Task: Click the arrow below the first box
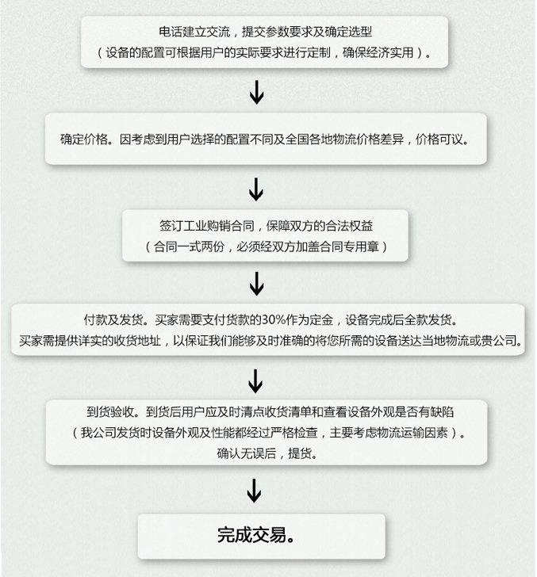click(x=257, y=92)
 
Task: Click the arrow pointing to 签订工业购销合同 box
click(x=256, y=189)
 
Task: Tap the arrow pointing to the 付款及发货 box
click(x=257, y=284)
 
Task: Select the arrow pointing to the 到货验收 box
click(x=255, y=381)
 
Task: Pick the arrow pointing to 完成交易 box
click(x=254, y=490)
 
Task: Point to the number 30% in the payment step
click(x=274, y=319)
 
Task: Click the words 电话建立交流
click(x=194, y=32)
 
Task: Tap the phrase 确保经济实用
click(x=378, y=53)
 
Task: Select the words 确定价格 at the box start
click(x=84, y=139)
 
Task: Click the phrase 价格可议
click(x=439, y=139)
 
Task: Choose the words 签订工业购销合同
click(x=206, y=226)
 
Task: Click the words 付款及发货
click(x=113, y=319)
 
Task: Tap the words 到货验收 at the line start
click(x=110, y=412)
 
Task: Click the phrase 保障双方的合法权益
click(x=320, y=226)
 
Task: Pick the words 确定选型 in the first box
click(x=348, y=32)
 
